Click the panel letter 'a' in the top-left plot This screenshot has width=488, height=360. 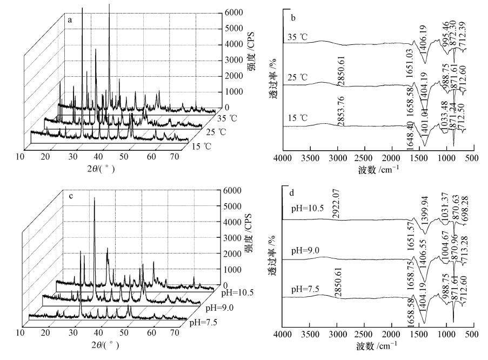point(70,20)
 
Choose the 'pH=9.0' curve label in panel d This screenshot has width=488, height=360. point(298,252)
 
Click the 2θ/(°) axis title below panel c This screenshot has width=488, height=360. point(103,344)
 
